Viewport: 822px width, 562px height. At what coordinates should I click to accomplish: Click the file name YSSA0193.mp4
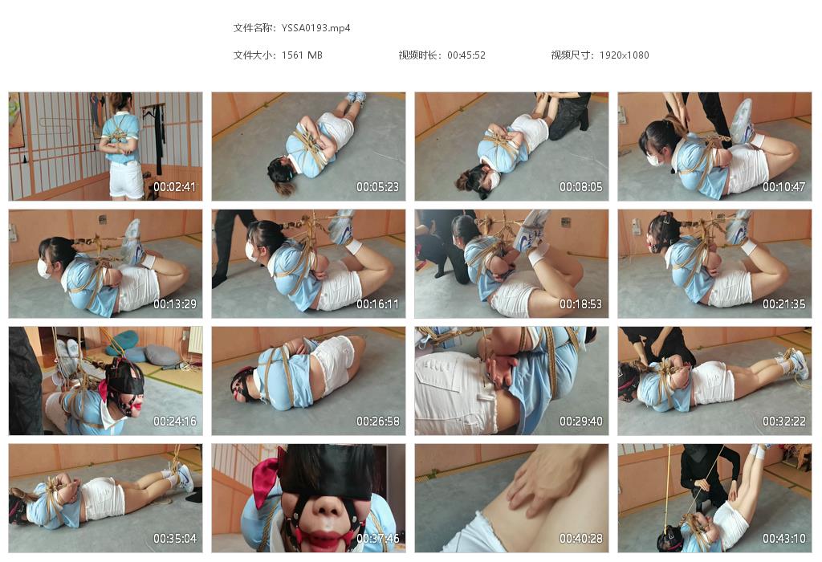[x=315, y=28]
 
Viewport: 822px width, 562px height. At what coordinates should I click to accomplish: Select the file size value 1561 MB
[x=302, y=55]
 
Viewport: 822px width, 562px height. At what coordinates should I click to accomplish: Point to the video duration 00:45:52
[x=466, y=55]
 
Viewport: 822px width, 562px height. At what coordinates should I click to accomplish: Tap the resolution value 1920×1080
[x=624, y=55]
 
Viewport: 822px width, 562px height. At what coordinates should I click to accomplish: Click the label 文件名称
[x=252, y=28]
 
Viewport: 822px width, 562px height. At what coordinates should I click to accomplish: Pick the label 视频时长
[x=417, y=55]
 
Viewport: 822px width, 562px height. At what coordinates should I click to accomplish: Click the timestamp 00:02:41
[x=174, y=186]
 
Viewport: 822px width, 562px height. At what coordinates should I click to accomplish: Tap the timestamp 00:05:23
[x=377, y=186]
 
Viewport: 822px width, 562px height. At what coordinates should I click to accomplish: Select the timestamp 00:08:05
[x=581, y=186]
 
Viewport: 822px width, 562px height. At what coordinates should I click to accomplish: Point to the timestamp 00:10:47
[x=783, y=186]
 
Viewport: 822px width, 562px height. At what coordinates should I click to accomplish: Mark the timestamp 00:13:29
[x=174, y=304]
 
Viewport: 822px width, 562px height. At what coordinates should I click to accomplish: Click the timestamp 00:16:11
[x=377, y=304]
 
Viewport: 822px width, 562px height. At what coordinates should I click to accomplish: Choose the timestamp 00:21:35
[x=783, y=304]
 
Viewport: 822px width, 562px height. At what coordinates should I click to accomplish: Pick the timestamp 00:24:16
[x=174, y=421]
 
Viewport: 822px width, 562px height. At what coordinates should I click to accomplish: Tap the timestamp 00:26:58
[x=377, y=421]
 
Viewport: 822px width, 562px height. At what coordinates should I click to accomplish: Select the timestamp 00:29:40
[x=581, y=421]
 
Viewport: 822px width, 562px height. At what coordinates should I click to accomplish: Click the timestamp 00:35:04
[x=174, y=539]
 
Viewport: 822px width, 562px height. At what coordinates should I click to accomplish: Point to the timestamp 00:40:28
[x=581, y=539]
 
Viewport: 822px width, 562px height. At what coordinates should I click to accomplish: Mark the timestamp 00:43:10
[x=783, y=539]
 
